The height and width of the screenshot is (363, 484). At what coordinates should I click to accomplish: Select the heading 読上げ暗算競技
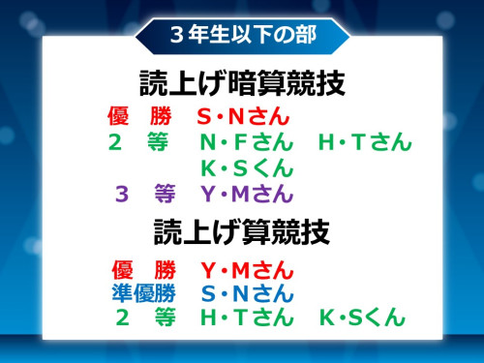(x=242, y=84)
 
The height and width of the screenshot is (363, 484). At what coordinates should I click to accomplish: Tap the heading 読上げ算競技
(x=242, y=232)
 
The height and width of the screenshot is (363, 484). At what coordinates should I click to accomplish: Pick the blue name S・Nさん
(x=247, y=293)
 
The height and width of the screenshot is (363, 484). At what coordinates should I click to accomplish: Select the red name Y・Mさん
(x=247, y=268)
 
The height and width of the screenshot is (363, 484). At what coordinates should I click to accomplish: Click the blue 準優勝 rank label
(x=143, y=293)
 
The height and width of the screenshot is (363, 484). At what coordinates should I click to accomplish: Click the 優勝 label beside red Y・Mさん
(x=143, y=268)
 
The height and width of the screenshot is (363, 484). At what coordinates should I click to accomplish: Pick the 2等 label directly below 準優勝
(x=143, y=318)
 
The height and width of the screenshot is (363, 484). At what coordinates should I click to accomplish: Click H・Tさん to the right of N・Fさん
(x=365, y=143)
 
